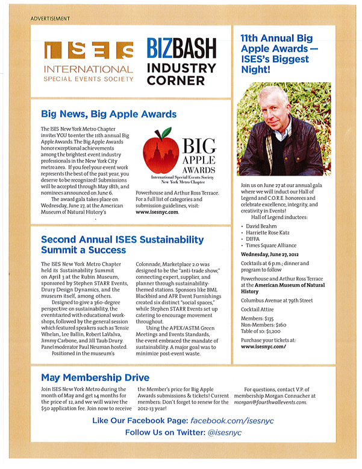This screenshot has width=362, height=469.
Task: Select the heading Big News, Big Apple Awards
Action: point(108,113)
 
